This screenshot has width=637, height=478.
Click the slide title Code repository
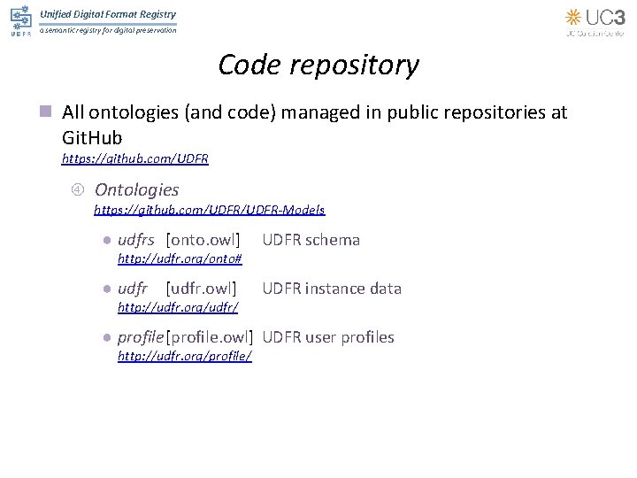click(x=318, y=65)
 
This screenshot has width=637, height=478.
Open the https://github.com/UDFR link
click(x=134, y=158)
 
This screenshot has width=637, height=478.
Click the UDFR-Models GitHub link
click(x=209, y=210)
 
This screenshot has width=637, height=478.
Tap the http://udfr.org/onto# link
click(x=180, y=258)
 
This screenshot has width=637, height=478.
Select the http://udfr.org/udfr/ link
click(x=178, y=307)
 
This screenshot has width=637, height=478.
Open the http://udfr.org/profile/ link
click(x=185, y=356)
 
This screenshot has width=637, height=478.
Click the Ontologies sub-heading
click(x=136, y=189)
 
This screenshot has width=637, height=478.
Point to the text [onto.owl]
click(x=203, y=240)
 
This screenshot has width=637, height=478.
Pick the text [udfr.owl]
click(x=201, y=289)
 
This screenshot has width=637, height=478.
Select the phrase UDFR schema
click(x=311, y=240)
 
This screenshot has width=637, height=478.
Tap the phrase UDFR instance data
click(x=332, y=289)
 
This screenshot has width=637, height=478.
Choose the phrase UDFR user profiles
click(x=328, y=337)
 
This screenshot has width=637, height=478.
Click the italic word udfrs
click(x=135, y=240)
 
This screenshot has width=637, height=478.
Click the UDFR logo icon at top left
click(x=20, y=20)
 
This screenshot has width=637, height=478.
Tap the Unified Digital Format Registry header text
click(x=108, y=14)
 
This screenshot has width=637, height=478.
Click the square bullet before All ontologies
click(x=46, y=113)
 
